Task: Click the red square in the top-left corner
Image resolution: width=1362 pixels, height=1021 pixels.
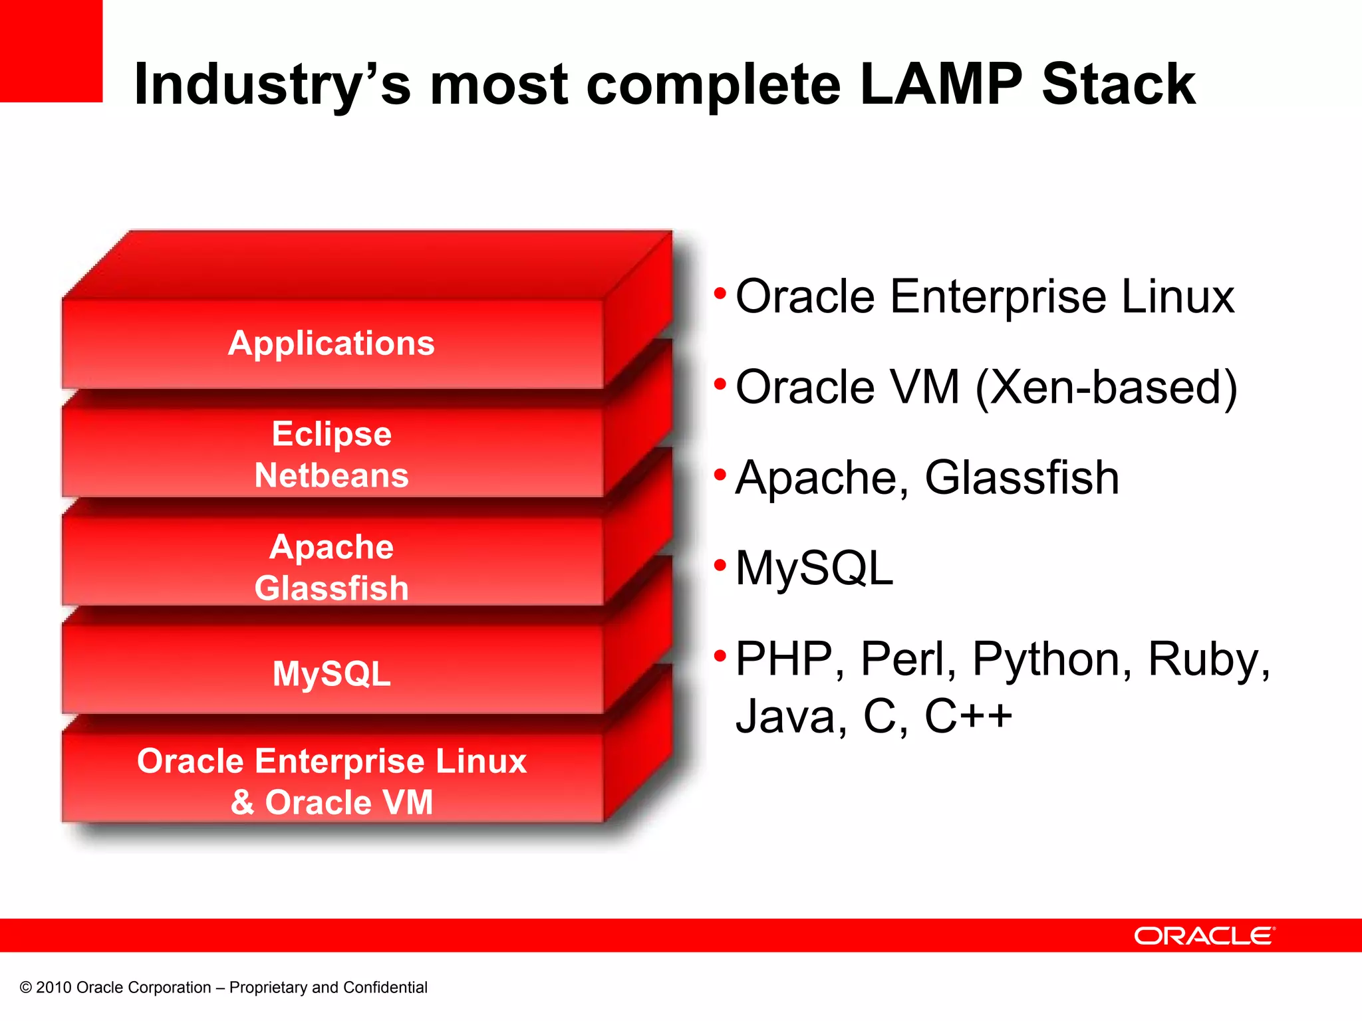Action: [51, 51]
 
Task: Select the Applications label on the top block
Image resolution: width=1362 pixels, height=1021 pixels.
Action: [331, 344]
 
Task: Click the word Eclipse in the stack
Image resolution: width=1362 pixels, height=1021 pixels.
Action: [331, 434]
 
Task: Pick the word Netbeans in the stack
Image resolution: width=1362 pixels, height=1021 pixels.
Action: [331, 476]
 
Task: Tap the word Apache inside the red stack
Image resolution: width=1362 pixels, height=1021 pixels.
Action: [331, 547]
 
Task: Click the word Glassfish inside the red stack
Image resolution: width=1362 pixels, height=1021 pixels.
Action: [331, 589]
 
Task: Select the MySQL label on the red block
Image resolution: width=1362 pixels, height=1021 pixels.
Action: [331, 674]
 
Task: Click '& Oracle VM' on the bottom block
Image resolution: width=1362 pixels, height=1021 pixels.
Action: [331, 802]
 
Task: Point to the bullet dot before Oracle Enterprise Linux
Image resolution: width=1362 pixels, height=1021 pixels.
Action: [720, 293]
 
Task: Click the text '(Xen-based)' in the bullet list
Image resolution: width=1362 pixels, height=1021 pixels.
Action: [1106, 388]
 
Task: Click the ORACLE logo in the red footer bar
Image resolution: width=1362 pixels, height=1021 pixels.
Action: [1204, 936]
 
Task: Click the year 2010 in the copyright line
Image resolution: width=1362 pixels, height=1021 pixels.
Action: [53, 988]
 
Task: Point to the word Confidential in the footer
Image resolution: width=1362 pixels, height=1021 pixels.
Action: [385, 988]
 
